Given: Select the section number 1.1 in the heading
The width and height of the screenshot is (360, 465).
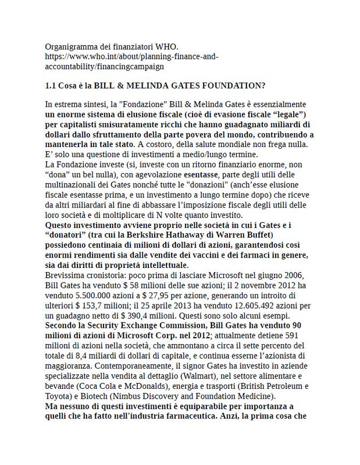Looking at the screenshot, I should (x=51, y=85).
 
